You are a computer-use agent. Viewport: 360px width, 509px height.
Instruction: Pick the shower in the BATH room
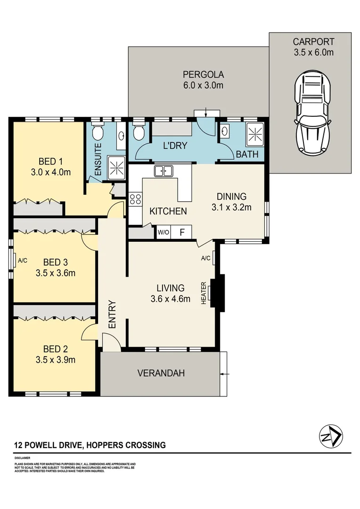(x=254, y=134)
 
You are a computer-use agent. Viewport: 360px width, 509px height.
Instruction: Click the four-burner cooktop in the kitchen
(x=135, y=199)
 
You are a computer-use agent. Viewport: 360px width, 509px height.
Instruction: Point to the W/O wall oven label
(x=163, y=232)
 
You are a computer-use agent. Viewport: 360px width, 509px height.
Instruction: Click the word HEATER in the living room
(x=204, y=293)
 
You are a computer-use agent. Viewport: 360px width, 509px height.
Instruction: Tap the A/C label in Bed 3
(x=23, y=260)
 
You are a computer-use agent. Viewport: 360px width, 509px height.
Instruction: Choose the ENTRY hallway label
(x=112, y=314)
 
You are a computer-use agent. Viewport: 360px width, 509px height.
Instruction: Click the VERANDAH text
(x=161, y=373)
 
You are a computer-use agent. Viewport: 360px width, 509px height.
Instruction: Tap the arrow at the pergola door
(x=207, y=112)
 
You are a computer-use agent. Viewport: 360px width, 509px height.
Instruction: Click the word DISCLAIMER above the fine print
(x=22, y=458)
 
